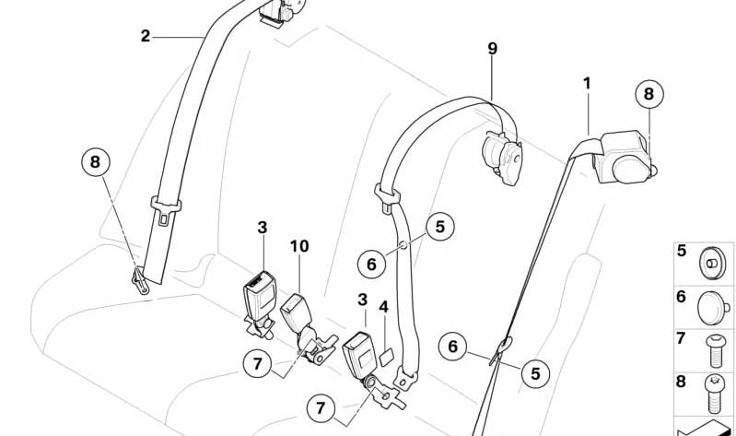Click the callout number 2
coord(146,36)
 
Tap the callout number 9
coord(493,48)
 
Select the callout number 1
coord(587,84)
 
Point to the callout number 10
coord(300,246)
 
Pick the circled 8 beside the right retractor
coord(648,94)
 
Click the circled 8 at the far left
coord(95,164)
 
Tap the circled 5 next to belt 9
coord(440,226)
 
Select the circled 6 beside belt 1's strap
coord(452,347)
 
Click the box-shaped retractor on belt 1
coord(624,157)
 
